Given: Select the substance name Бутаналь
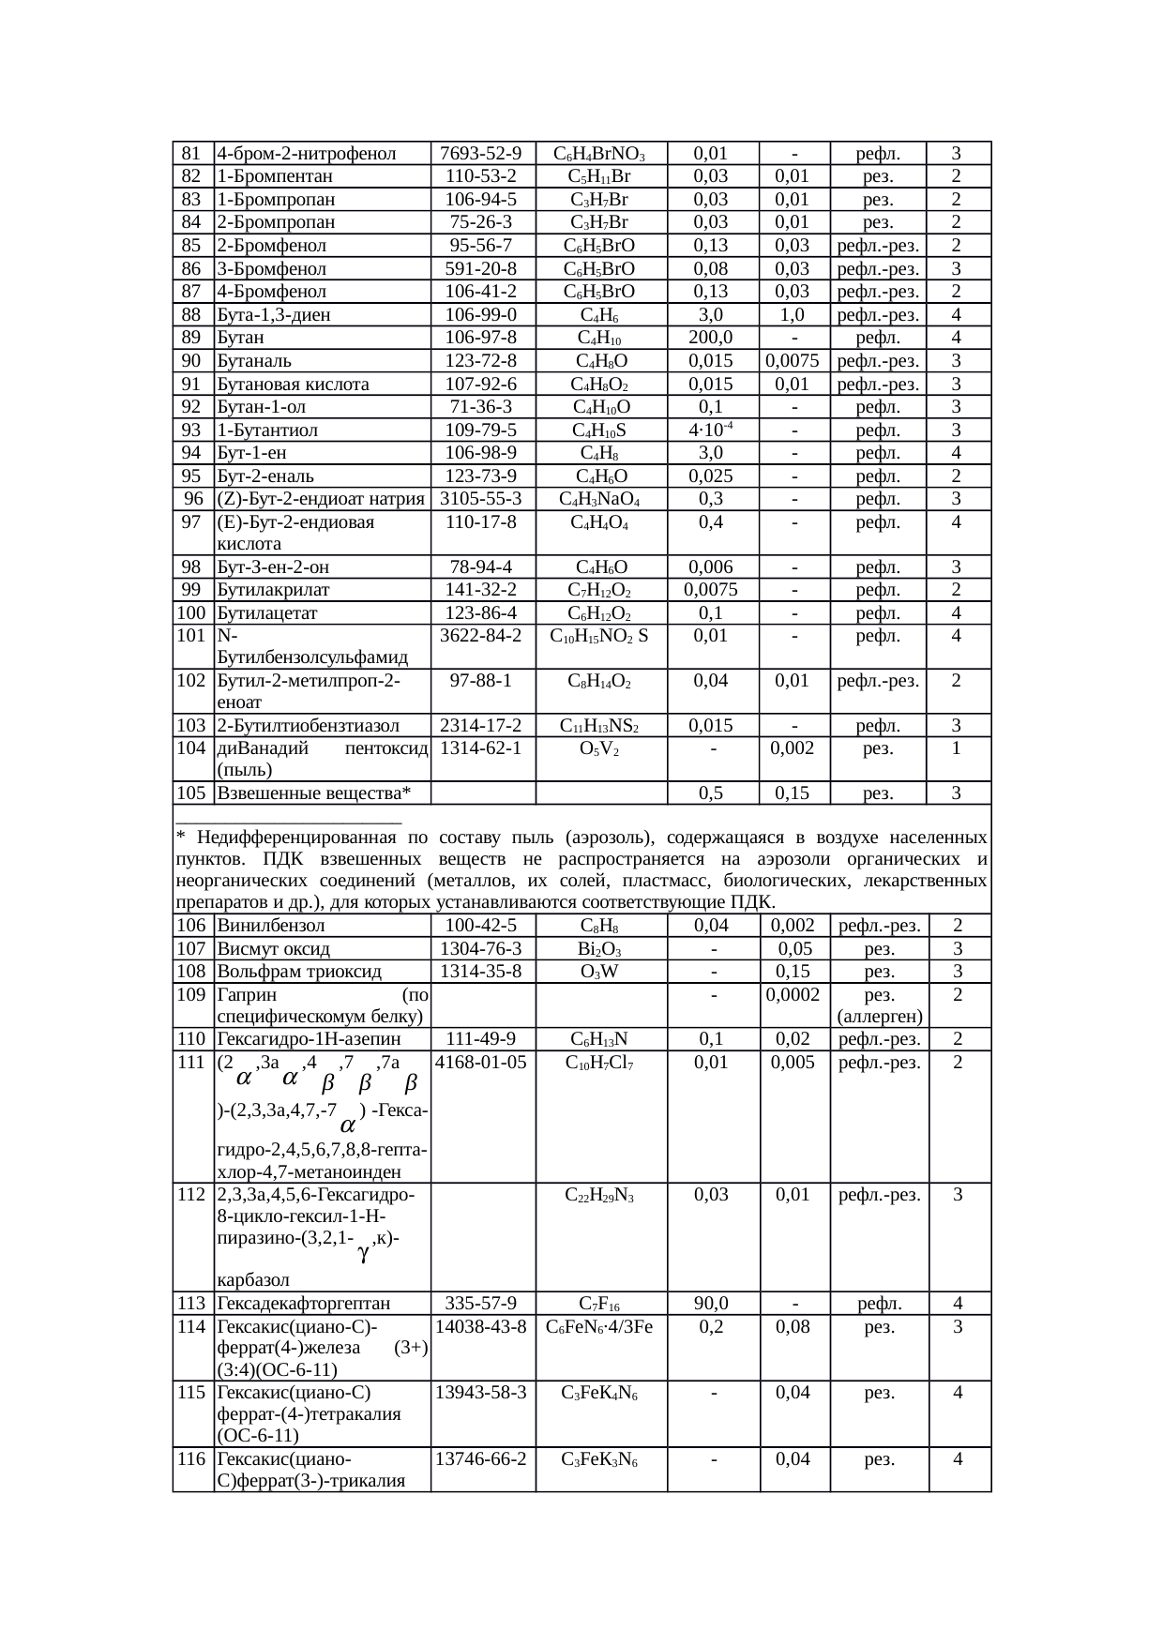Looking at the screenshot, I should tap(254, 361).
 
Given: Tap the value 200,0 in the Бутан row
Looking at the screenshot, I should tap(710, 338).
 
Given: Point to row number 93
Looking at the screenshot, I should tap(191, 430).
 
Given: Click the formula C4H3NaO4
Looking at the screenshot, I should tap(599, 499).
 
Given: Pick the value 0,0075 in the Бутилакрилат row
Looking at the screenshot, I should tap(710, 590).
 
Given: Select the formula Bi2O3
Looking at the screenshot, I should tap(599, 949).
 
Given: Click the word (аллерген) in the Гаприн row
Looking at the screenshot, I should tap(879, 1017).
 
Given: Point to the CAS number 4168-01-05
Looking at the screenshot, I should tap(481, 1063).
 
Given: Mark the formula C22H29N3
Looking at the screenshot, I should tap(599, 1195).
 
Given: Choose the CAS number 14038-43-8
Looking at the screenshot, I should tap(481, 1327).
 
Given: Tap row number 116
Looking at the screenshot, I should tap(191, 1459).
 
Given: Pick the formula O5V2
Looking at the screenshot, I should tap(599, 748).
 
